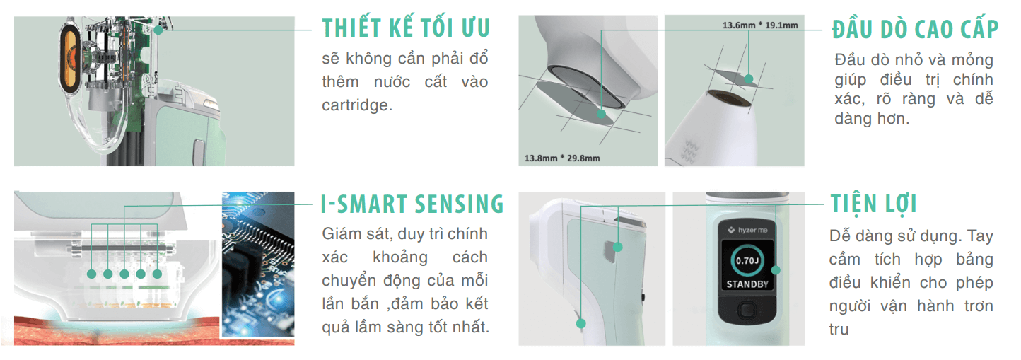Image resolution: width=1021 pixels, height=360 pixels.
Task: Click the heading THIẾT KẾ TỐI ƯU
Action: [x=406, y=28]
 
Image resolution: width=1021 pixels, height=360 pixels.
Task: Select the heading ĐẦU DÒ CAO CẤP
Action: [x=915, y=29]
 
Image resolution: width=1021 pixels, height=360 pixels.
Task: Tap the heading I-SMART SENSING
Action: [x=412, y=204]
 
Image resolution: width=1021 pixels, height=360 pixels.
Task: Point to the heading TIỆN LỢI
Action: [x=873, y=204]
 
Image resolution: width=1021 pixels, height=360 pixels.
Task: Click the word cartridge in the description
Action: [x=357, y=105]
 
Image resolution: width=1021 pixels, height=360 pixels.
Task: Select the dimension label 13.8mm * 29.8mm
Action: [x=562, y=158]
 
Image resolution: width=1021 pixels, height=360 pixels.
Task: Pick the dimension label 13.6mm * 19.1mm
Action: [x=760, y=25]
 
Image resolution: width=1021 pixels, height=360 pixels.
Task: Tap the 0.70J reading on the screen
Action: [x=747, y=261]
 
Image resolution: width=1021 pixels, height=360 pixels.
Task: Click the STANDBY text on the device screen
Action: [x=747, y=284]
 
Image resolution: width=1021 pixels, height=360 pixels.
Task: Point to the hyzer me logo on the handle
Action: [x=747, y=230]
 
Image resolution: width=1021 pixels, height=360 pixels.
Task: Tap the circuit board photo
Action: [x=258, y=265]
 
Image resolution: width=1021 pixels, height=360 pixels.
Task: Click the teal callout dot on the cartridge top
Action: [x=158, y=30]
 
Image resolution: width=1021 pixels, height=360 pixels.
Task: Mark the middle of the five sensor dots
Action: [x=124, y=274]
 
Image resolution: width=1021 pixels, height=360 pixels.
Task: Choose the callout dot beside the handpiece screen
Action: [x=776, y=270]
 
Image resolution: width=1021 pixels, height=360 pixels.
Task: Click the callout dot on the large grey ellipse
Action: [x=601, y=114]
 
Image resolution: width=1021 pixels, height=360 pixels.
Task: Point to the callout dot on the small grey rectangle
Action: [x=749, y=79]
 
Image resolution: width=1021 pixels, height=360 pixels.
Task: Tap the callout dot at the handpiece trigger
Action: [x=580, y=323]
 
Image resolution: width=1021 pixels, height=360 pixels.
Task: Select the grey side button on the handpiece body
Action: [x=610, y=251]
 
